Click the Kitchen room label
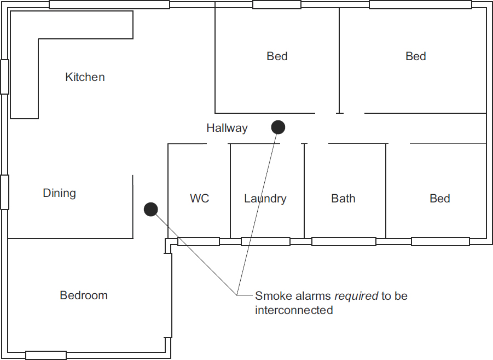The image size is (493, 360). (x=85, y=77)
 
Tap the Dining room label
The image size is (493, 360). (x=59, y=193)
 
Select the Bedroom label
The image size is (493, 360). (x=84, y=295)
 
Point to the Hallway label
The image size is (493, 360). (x=227, y=128)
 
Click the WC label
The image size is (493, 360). (x=200, y=199)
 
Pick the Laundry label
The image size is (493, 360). (x=265, y=199)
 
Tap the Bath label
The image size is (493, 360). (x=343, y=199)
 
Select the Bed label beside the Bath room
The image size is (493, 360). (x=440, y=199)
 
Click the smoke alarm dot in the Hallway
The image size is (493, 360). (x=279, y=127)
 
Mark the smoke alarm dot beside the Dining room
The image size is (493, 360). (x=150, y=209)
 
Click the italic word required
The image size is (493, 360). (x=356, y=296)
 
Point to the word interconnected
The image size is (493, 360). (x=294, y=310)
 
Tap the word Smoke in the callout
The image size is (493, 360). (x=270, y=296)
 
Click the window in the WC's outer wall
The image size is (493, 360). (x=199, y=241)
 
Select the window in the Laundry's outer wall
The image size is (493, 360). (x=265, y=241)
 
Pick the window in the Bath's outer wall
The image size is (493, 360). (x=344, y=241)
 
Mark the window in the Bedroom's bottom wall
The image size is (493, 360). (x=46, y=355)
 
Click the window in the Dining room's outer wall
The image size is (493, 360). (x=4, y=192)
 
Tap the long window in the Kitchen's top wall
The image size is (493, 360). (x=109, y=5)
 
